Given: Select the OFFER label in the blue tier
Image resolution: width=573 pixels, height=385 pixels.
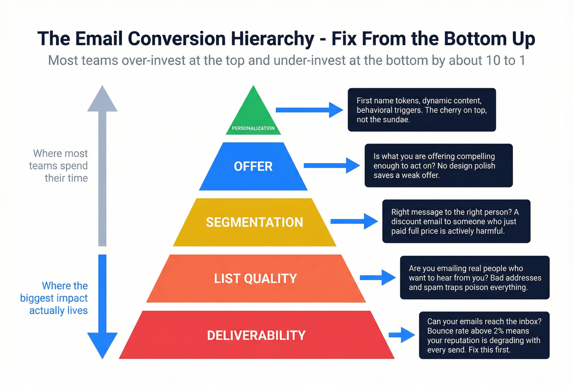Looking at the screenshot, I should click(253, 166).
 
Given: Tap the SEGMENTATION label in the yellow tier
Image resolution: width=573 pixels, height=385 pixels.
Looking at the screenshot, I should click(254, 222).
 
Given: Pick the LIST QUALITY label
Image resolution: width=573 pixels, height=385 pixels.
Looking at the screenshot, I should click(255, 279).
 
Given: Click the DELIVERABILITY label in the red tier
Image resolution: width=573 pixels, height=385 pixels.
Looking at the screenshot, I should click(256, 335).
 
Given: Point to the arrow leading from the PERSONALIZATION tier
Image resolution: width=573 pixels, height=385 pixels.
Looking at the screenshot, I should click(309, 110).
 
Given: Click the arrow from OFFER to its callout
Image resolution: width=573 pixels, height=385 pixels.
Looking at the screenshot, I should click(332, 166).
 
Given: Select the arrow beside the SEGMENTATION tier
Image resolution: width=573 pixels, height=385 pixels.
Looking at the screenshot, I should click(354, 221).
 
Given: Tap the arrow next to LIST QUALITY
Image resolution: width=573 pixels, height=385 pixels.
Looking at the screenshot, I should click(377, 278).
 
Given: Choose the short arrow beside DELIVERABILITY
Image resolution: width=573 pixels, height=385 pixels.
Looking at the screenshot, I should click(402, 335).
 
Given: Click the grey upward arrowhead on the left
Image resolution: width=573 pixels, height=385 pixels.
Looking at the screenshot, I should click(102, 100).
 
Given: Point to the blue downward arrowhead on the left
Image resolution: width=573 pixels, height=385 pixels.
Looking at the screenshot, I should click(102, 345).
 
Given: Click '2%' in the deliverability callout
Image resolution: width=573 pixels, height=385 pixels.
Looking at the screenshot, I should click(498, 331).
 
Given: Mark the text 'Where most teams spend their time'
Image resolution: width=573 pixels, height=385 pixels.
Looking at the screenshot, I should click(59, 166).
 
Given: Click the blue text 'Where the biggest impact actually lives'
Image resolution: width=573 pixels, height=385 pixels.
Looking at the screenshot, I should click(55, 298).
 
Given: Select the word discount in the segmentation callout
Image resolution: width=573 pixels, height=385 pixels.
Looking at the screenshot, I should click(406, 221).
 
